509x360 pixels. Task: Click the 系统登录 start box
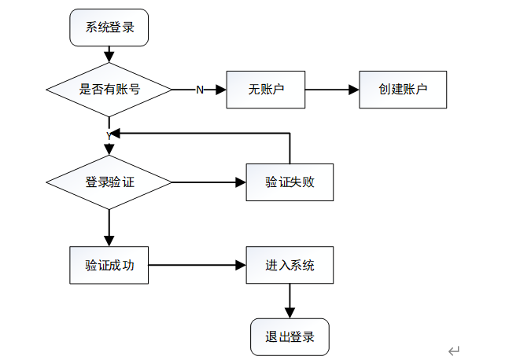click(x=109, y=28)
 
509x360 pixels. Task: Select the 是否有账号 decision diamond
click(x=109, y=90)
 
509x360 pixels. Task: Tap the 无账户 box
click(x=266, y=90)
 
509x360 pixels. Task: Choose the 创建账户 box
click(x=403, y=90)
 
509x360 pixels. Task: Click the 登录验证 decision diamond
click(x=109, y=182)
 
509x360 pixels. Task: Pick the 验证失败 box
click(x=290, y=182)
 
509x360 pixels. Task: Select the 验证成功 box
click(x=109, y=266)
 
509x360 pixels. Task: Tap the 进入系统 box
click(x=290, y=266)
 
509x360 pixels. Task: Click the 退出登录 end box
click(x=290, y=337)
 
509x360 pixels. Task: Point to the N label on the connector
click(x=200, y=90)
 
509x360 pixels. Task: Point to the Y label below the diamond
click(x=109, y=137)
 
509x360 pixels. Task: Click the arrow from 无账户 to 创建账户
click(x=332, y=90)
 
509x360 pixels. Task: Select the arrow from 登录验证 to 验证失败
click(x=208, y=182)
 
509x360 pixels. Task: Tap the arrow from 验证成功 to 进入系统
click(x=197, y=266)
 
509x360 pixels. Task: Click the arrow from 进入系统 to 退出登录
click(x=290, y=301)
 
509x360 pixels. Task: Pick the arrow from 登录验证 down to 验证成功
click(x=109, y=228)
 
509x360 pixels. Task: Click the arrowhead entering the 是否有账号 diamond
click(x=109, y=57)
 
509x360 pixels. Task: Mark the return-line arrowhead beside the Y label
click(x=116, y=133)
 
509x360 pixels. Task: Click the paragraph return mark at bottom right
click(x=454, y=351)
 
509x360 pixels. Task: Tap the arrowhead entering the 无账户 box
click(x=221, y=90)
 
